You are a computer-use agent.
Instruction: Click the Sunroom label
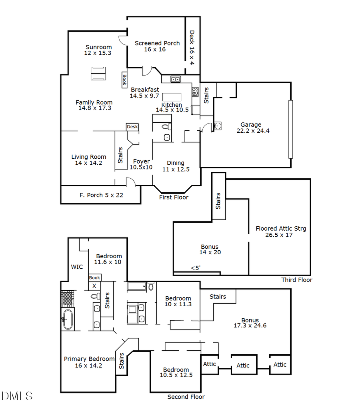coord(98,50)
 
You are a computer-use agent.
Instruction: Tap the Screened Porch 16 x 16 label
coord(157,46)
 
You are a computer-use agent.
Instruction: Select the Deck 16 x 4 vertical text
coord(192,48)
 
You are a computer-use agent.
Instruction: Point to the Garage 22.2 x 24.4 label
coord(251,128)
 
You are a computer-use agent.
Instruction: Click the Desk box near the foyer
coord(132,127)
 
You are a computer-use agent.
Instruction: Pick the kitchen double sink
coord(176,79)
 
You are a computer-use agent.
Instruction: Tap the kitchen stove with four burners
coord(195,92)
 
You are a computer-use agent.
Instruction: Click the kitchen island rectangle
coord(172,97)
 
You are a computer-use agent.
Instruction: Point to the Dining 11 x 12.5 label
coord(176,166)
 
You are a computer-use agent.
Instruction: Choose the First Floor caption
coord(174,197)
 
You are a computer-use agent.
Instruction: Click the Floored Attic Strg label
coord(281,231)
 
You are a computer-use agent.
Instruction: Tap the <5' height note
coord(196,268)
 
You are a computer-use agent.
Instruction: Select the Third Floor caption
coord(296,280)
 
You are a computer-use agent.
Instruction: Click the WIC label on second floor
coord(77,267)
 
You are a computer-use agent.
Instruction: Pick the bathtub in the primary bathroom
coord(68,319)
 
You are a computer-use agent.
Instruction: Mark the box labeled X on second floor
coord(94,286)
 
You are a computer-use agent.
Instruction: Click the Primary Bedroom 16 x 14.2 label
coord(89,362)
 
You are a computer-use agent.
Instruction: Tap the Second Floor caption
coord(186,397)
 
